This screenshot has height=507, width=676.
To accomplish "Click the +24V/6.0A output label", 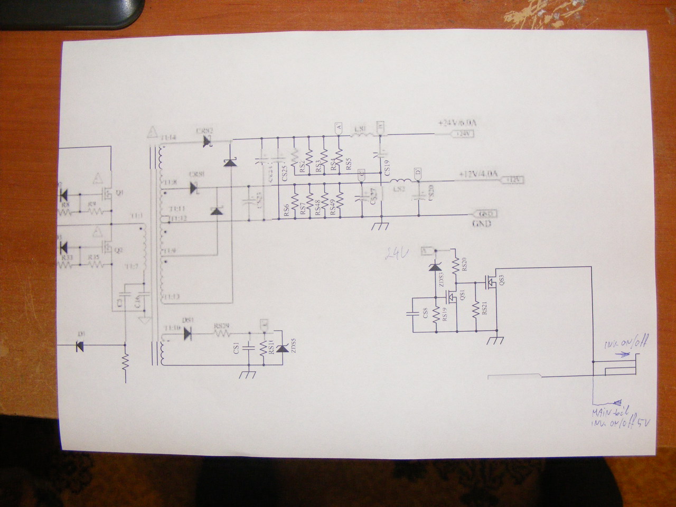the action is (x=457, y=123).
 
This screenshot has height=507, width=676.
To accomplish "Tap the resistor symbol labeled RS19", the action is (x=436, y=315).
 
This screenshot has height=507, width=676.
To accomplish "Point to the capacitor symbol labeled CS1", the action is (x=248, y=348).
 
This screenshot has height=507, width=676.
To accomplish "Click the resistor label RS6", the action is (x=286, y=211).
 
